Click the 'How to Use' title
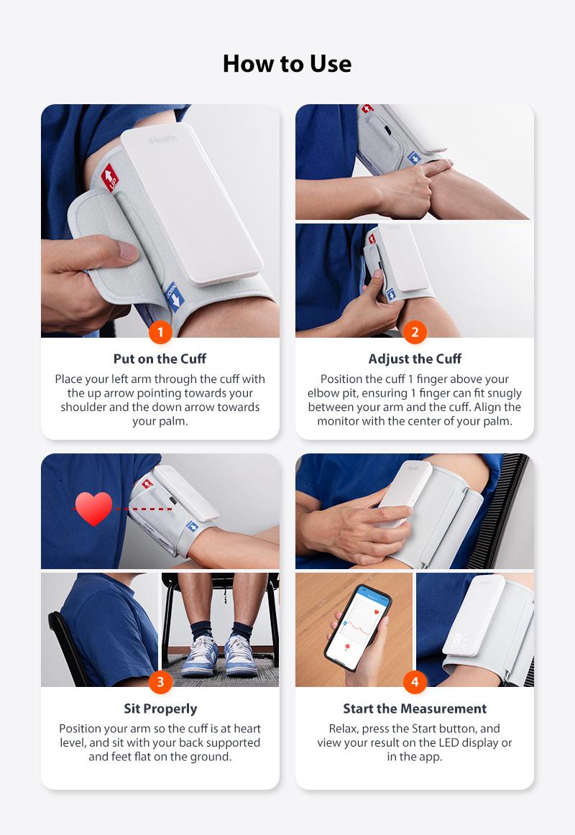[287, 64]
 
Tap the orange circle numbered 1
[160, 333]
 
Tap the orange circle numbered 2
[415, 333]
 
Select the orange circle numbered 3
[160, 682]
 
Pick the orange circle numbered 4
[415, 682]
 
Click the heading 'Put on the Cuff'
[160, 359]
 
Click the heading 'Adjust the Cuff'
[415, 359]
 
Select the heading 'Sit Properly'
[160, 709]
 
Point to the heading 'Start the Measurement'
[415, 709]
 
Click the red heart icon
[94, 508]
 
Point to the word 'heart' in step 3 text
[245, 729]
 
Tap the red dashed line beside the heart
[144, 509]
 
